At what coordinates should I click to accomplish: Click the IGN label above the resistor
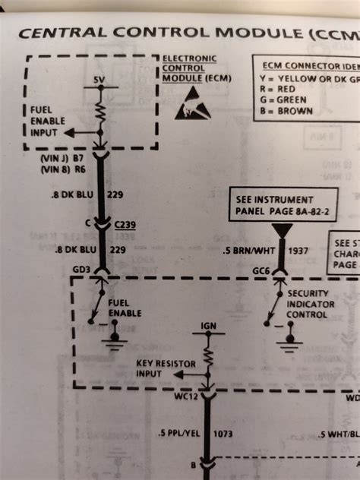(x=208, y=326)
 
